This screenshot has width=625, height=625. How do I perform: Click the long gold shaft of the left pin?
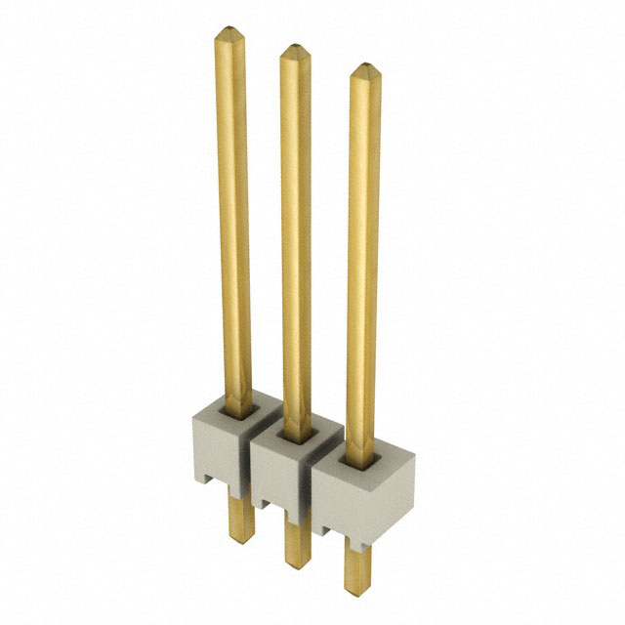(232, 215)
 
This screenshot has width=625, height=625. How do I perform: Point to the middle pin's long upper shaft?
(296, 234)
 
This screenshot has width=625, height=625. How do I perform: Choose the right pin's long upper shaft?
(364, 254)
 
